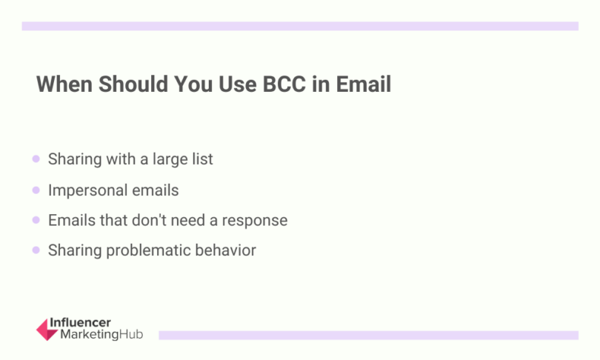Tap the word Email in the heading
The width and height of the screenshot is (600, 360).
[x=363, y=84]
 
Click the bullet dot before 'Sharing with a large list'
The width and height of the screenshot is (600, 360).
[x=36, y=159]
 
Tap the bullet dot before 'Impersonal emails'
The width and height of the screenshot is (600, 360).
[x=36, y=190]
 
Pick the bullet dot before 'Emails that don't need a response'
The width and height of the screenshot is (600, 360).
[x=36, y=221]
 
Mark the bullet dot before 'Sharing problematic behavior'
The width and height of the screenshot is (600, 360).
[x=36, y=251]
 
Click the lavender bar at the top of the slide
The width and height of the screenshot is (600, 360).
[x=300, y=26]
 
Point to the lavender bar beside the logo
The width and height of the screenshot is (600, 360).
[x=368, y=335]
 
